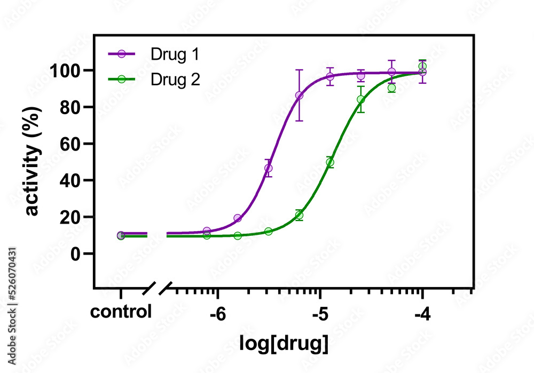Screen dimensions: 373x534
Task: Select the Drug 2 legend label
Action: click(175, 79)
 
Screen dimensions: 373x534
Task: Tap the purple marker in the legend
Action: click(122, 54)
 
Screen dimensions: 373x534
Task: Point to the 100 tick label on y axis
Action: click(66, 70)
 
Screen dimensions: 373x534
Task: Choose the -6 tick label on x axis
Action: click(217, 314)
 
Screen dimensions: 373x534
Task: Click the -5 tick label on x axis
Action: click(319, 314)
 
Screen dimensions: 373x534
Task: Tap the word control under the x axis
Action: click(121, 312)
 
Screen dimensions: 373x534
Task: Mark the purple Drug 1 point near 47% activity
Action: click(269, 168)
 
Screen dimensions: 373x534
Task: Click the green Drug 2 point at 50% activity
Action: click(330, 162)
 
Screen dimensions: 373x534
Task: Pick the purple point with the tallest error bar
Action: click(299, 96)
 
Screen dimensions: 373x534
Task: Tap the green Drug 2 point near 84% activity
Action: click(361, 99)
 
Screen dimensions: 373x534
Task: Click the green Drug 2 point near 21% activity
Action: click(299, 216)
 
